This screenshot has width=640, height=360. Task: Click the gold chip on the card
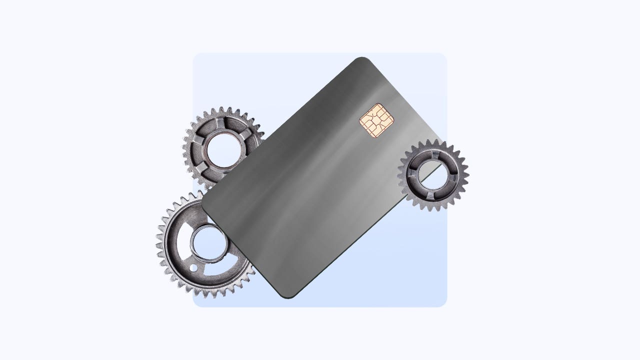[376, 120]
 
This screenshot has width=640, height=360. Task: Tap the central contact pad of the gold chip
[376, 120]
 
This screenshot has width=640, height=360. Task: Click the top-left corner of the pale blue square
[195, 55]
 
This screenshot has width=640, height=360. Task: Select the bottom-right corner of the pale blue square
[444, 304]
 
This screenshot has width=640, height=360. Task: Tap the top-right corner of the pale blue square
[444, 55]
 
